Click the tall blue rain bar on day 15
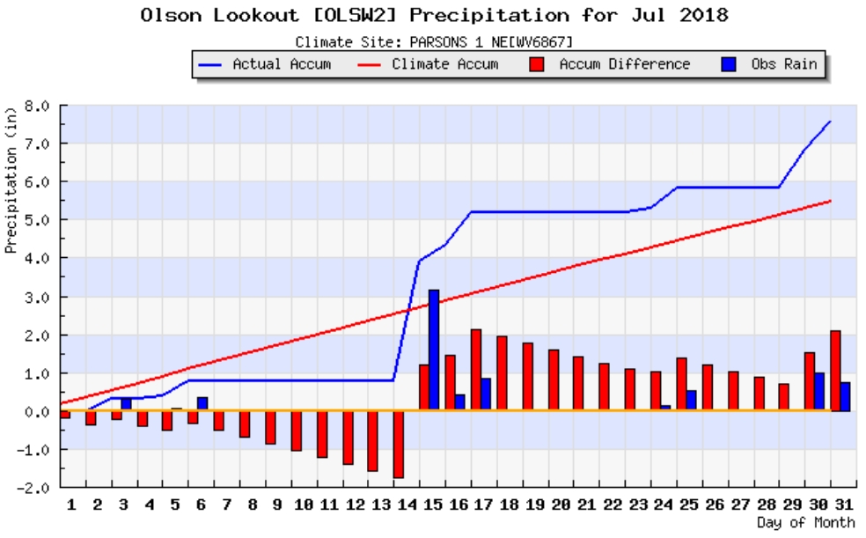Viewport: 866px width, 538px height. click(434, 349)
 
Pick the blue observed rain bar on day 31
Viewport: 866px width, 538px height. click(846, 396)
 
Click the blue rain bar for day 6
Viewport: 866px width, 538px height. click(202, 403)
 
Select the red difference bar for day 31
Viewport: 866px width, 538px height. click(835, 371)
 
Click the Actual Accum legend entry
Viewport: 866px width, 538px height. click(265, 64)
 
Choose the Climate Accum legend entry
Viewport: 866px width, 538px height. click(426, 64)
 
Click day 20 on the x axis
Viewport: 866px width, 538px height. click(559, 505)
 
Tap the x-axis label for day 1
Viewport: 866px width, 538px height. click(71, 505)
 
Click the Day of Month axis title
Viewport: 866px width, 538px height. click(805, 522)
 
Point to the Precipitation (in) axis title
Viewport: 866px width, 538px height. click(11, 188)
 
